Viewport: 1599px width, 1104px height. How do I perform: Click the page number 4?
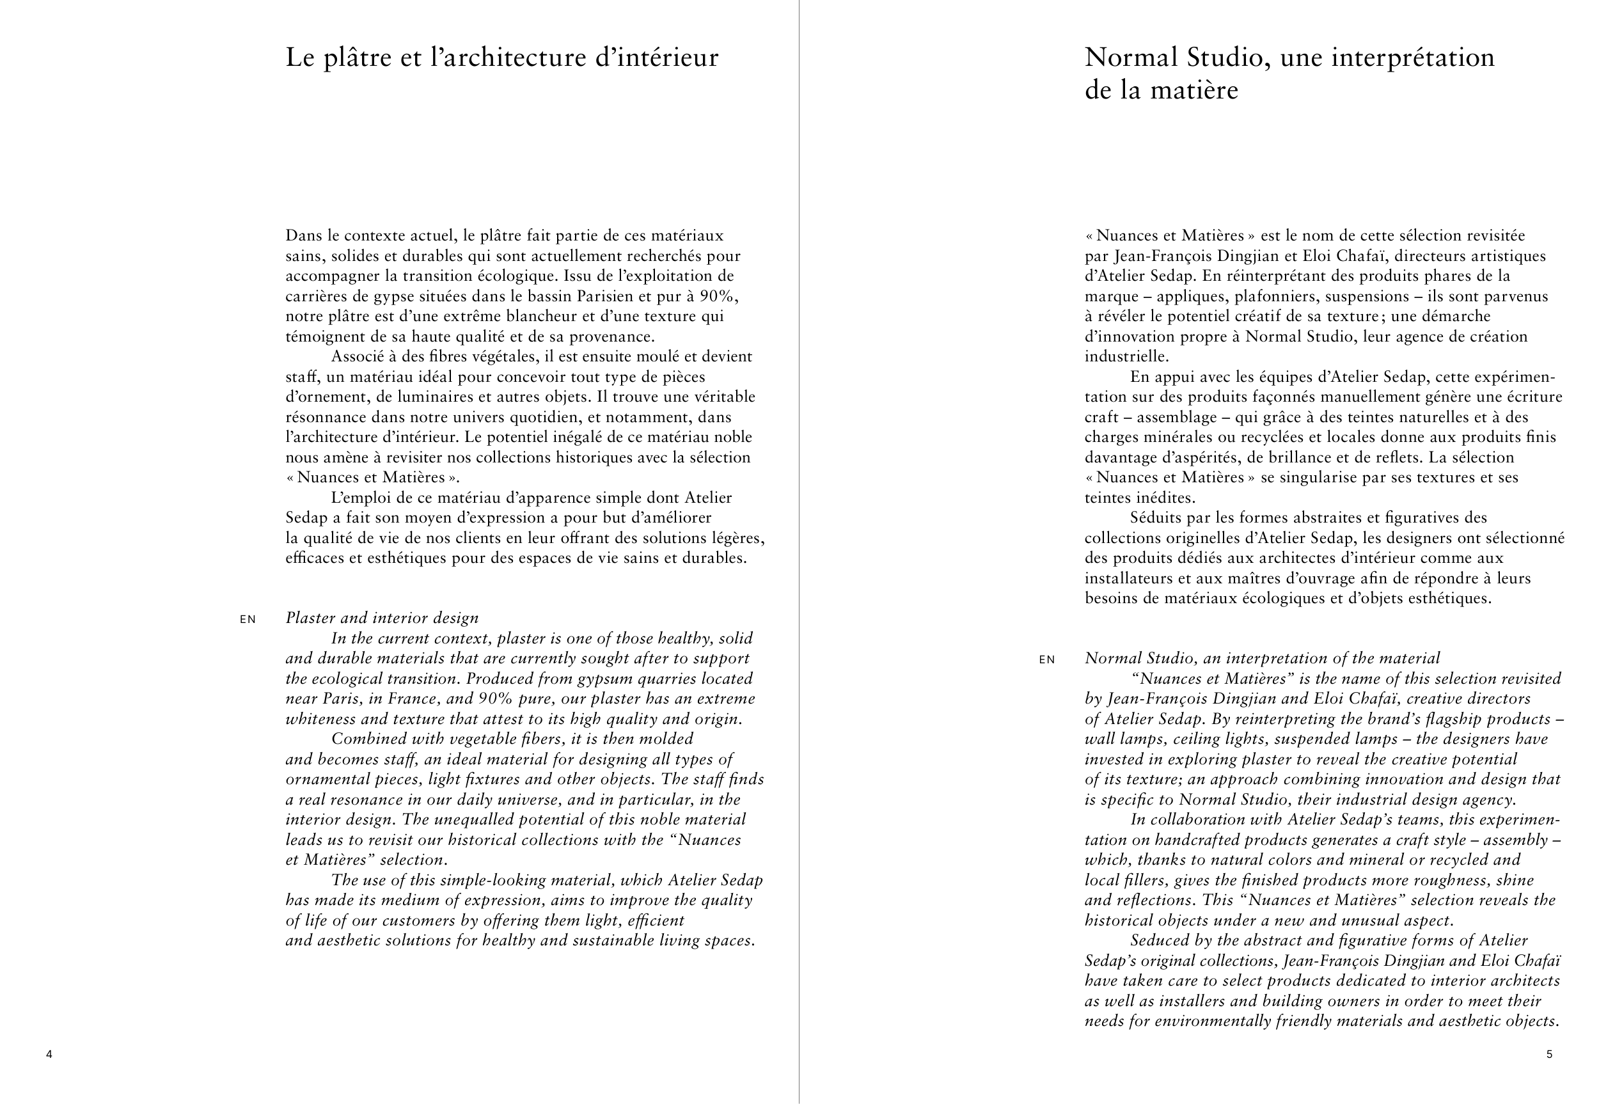pyautogui.click(x=49, y=1054)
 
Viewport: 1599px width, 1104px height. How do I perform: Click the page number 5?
pyautogui.click(x=1549, y=1054)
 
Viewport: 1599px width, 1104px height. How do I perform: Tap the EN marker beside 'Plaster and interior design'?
pyautogui.click(x=248, y=619)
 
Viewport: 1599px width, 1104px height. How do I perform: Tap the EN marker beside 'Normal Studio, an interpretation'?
pyautogui.click(x=1047, y=659)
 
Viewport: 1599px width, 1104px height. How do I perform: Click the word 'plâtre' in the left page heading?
pyautogui.click(x=358, y=58)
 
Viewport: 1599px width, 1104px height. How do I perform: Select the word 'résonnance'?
pyautogui.click(x=326, y=417)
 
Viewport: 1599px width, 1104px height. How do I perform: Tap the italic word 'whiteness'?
pyautogui.click(x=319, y=719)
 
